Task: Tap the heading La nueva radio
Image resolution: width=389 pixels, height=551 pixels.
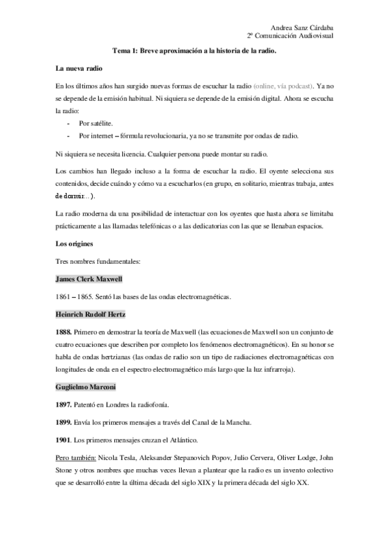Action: tap(79, 69)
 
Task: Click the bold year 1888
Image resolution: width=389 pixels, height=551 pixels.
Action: tap(65, 332)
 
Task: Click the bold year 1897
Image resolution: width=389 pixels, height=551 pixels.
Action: tap(65, 405)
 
